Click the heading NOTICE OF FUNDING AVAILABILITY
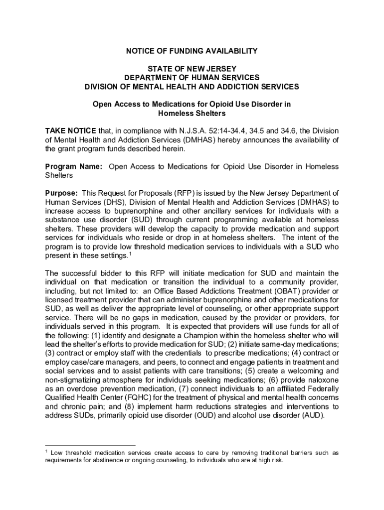[192, 51]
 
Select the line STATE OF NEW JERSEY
[192, 69]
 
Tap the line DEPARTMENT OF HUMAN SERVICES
[192, 78]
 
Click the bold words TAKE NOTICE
[67, 130]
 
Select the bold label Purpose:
[61, 193]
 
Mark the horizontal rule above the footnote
[90, 444]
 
